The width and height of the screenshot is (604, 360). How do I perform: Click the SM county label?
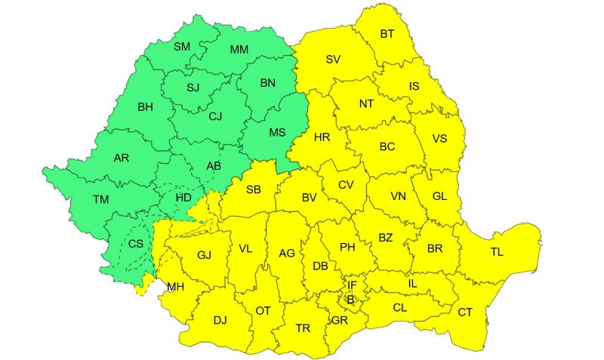click(x=182, y=47)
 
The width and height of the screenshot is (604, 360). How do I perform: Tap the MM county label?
click(x=239, y=50)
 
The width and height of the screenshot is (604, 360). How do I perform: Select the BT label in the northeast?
click(x=387, y=34)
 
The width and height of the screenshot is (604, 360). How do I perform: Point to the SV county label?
click(x=333, y=59)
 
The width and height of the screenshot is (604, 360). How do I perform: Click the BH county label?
click(x=145, y=107)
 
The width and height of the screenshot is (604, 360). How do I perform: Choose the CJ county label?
click(x=215, y=116)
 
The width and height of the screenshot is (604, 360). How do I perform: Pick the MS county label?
click(x=278, y=133)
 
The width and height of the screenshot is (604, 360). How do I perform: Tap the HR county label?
click(x=322, y=137)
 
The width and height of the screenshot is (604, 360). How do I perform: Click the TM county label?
click(x=100, y=200)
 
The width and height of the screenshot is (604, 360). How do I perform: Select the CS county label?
click(x=135, y=244)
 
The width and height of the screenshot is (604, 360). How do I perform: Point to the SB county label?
click(x=253, y=189)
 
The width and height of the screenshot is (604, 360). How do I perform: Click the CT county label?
click(x=465, y=312)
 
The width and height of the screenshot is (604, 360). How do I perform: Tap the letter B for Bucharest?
click(x=350, y=300)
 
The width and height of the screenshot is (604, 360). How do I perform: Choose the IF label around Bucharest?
click(x=352, y=285)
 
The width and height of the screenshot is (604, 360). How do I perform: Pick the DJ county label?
click(x=220, y=320)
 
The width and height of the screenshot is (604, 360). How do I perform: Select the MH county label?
click(x=175, y=287)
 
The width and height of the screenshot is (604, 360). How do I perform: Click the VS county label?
click(x=439, y=138)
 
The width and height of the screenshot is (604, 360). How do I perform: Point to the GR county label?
click(x=339, y=320)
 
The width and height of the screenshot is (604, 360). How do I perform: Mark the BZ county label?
click(x=386, y=238)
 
